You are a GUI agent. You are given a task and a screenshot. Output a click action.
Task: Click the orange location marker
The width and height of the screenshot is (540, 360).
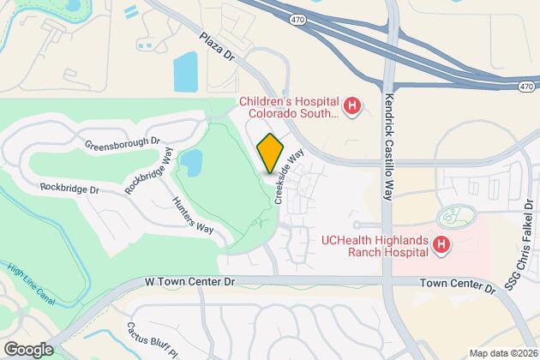coord(270,154)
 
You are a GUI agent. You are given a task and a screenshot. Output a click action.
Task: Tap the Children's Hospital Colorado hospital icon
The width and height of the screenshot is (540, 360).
coord(351,107)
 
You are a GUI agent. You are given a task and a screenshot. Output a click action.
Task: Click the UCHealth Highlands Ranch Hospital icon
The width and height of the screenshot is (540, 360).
coord(441,245)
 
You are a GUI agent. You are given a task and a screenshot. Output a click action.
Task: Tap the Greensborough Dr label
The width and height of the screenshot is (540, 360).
coord(123,143)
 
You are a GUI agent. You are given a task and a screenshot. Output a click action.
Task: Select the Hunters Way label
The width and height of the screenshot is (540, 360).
coord(193,212)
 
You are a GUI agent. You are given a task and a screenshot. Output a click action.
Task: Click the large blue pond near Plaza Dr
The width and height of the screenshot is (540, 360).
coord(186,73)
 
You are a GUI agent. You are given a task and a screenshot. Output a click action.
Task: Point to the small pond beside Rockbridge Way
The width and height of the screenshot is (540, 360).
coord(191,160)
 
